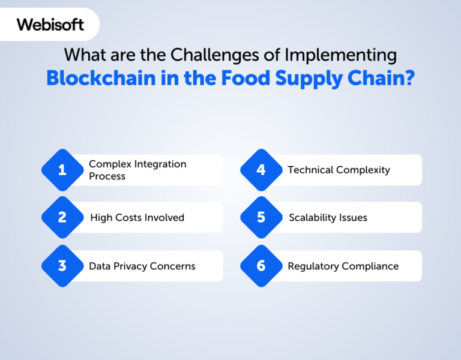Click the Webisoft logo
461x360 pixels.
click(50, 25)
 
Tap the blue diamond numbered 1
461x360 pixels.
click(62, 170)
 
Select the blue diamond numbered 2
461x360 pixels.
click(62, 217)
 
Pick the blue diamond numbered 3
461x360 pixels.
click(62, 266)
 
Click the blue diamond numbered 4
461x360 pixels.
click(261, 170)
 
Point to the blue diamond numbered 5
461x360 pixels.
click(261, 217)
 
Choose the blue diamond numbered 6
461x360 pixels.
click(261, 266)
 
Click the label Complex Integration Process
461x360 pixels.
click(137, 170)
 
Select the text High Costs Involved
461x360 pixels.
click(137, 218)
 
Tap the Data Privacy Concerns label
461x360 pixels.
click(142, 266)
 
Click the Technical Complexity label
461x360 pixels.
click(339, 170)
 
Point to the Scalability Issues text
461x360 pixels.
click(328, 218)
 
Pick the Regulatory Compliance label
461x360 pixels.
click(343, 266)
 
